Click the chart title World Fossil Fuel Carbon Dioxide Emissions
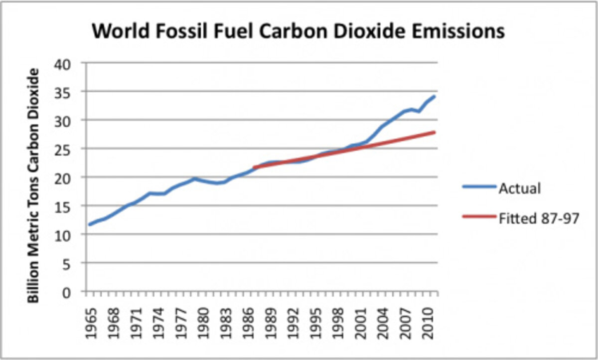point(298,31)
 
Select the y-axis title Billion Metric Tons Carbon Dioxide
point(33,185)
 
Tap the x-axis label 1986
point(246,314)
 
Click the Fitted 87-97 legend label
point(538,218)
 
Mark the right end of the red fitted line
point(435,132)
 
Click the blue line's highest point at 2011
point(435,96)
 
